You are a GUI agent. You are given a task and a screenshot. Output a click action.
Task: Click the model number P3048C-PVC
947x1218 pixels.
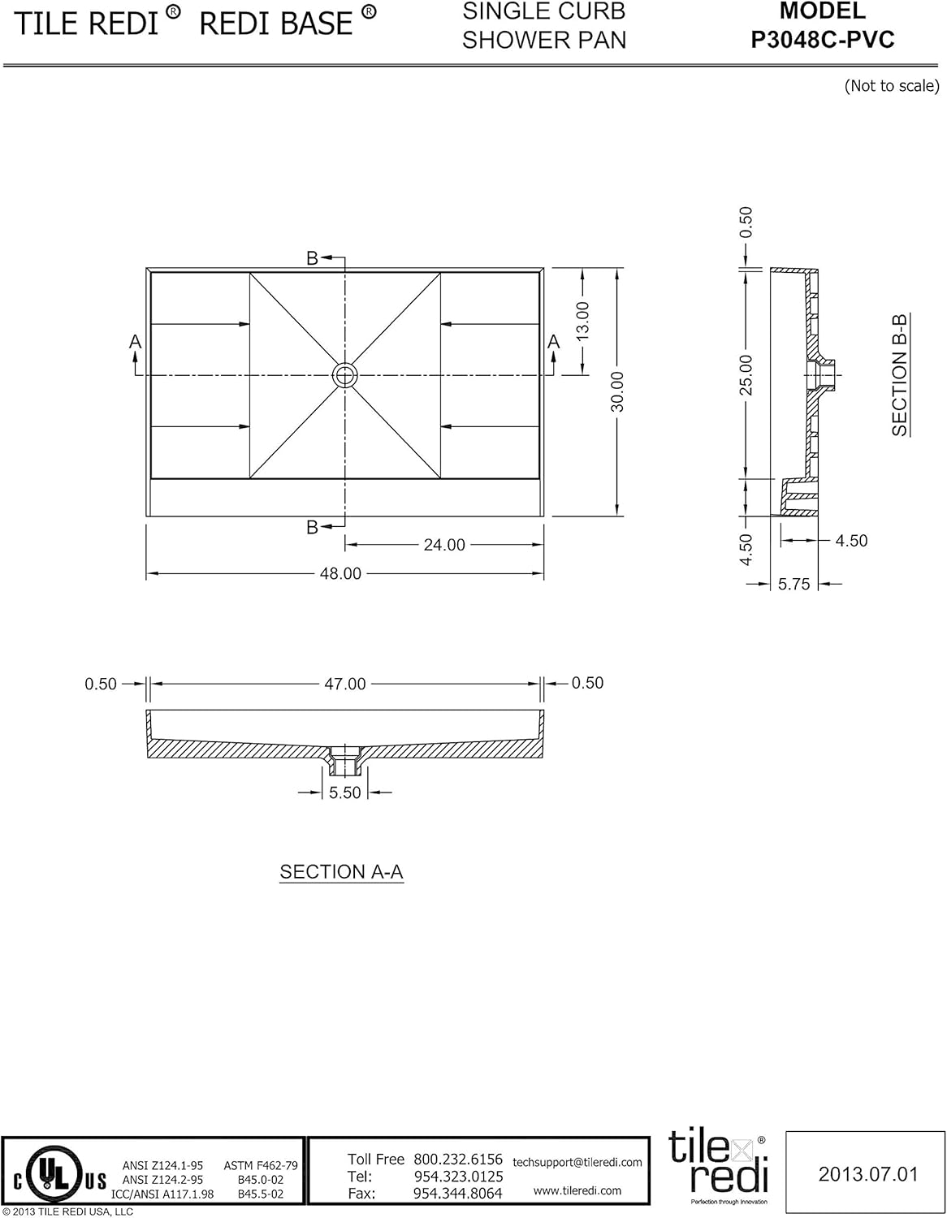coord(822,40)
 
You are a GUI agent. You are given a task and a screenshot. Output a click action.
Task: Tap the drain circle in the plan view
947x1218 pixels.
coord(344,374)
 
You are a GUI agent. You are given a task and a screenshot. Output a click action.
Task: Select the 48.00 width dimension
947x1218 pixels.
coord(340,574)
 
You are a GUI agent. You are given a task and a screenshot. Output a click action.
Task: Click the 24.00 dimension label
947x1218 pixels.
coord(444,545)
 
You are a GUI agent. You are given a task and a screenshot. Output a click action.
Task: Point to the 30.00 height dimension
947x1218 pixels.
coord(617,391)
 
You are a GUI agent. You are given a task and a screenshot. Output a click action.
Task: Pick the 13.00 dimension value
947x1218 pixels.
coord(582,322)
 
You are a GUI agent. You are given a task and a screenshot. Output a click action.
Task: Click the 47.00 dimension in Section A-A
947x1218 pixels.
coord(345,685)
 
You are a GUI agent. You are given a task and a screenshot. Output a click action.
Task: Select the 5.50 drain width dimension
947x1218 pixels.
coord(345,793)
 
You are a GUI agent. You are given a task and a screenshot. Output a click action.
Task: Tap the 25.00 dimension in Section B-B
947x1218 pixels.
coord(746,375)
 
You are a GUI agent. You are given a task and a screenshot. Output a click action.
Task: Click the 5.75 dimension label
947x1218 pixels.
coord(793,585)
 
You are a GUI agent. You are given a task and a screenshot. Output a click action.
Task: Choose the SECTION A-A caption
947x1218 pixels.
coord(341,872)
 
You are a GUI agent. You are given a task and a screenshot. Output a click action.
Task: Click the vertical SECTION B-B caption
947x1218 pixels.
coord(900,375)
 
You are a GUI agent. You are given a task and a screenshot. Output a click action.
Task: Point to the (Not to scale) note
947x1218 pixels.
coord(891,86)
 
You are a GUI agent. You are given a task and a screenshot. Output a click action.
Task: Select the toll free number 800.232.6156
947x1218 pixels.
coord(458,1160)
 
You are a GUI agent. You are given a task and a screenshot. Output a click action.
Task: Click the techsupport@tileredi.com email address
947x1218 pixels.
coord(577,1163)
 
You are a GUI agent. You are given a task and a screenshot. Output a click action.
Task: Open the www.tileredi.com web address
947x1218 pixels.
coord(577,1190)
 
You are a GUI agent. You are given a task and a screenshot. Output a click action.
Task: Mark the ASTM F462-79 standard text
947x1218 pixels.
coord(261,1165)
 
